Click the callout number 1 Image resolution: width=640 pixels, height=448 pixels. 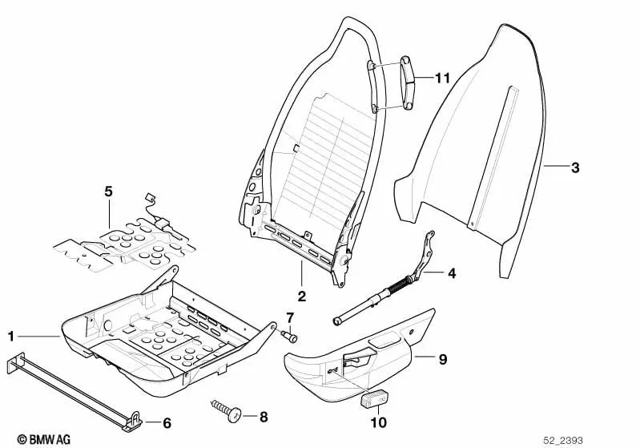point(10,336)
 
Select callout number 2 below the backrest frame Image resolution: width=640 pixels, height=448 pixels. point(302,296)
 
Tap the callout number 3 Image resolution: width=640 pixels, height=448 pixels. point(575,168)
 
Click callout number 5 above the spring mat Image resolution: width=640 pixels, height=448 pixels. point(109,191)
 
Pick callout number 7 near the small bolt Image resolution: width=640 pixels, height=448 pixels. point(290,320)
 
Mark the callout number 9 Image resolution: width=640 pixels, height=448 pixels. point(442,360)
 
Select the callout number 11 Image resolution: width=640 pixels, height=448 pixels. point(443,78)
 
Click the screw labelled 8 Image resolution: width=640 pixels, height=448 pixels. point(227,411)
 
